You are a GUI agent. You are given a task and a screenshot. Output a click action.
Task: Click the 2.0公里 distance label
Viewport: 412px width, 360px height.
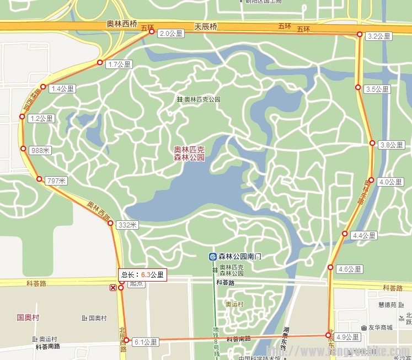170,34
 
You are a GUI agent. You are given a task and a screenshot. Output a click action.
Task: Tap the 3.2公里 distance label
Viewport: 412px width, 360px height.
379,36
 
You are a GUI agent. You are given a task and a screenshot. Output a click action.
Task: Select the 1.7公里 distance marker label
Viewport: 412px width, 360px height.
119,65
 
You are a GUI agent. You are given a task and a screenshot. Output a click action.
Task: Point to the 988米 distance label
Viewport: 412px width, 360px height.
41,150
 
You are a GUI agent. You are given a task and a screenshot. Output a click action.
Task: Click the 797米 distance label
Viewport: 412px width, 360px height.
56,181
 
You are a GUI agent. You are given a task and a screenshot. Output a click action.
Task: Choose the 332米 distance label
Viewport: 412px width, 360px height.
127,225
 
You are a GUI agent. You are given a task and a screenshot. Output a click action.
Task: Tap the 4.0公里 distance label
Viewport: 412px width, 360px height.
391,182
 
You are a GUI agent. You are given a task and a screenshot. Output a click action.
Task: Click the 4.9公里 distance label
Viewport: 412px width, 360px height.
347,337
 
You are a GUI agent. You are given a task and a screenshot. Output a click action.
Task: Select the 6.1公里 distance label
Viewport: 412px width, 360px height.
146,342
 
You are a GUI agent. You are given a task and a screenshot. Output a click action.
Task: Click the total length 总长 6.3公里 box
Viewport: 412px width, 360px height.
142,274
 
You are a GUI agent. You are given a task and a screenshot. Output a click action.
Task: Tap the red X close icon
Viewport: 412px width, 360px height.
113,288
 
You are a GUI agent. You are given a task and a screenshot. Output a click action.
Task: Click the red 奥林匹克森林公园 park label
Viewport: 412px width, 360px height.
189,153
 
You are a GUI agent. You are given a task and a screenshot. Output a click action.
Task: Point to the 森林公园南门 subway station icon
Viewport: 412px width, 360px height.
212,256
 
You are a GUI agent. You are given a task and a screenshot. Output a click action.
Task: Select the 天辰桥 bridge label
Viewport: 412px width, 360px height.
206,26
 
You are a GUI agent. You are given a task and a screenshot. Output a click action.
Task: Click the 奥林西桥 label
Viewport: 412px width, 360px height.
121,25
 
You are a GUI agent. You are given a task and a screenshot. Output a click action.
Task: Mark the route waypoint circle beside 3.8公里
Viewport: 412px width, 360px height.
372,143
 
